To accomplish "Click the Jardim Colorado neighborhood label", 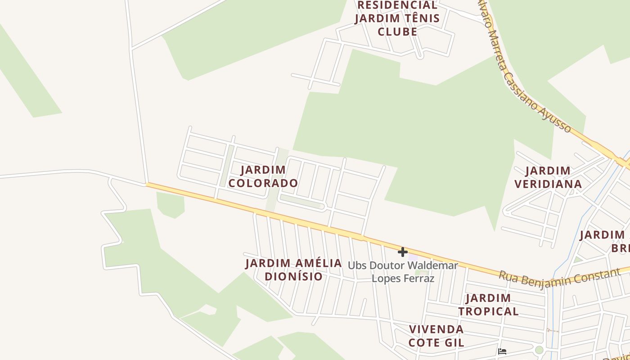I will [263, 176].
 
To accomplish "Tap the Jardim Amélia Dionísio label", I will [293, 270].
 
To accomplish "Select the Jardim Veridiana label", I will [548, 177].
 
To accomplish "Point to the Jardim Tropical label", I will [488, 305].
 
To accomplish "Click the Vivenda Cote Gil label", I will [436, 336].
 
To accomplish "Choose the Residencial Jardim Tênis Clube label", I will [397, 18].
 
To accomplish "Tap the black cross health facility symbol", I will [403, 252].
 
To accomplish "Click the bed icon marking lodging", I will [503, 351].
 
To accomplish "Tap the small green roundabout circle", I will [539, 350].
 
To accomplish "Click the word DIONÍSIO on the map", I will [293, 276].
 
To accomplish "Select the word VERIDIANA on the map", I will [548, 184].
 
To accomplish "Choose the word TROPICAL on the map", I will [488, 311].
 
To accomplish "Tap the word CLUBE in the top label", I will [397, 32].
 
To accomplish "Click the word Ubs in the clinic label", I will [357, 265].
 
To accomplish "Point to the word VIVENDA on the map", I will [436, 329].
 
